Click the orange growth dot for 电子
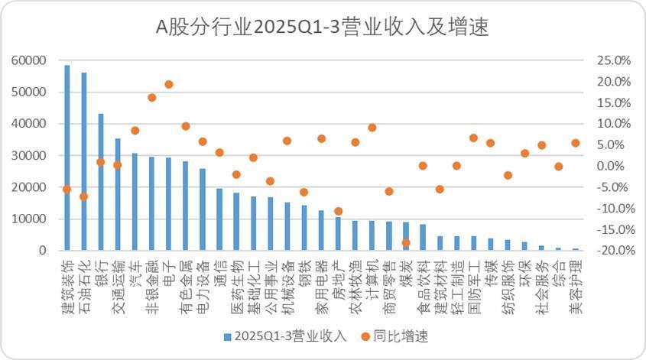pos(169,84)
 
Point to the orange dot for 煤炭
pos(406,242)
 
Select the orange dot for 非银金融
pos(152,97)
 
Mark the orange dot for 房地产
pos(339,211)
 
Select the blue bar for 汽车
pos(135,202)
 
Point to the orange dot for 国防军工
pos(473,138)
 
